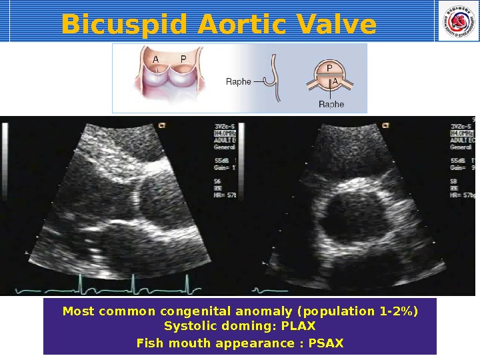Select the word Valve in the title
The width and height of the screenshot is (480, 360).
338,25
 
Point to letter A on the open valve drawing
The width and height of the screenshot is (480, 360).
155,59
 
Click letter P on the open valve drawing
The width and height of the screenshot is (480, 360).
183,59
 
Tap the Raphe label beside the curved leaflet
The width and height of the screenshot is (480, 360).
239,82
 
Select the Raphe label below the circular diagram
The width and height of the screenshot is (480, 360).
331,105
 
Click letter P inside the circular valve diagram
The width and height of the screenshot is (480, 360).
329,69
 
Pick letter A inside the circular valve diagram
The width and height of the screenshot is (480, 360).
335,81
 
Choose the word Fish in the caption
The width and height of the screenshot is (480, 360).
149,343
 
